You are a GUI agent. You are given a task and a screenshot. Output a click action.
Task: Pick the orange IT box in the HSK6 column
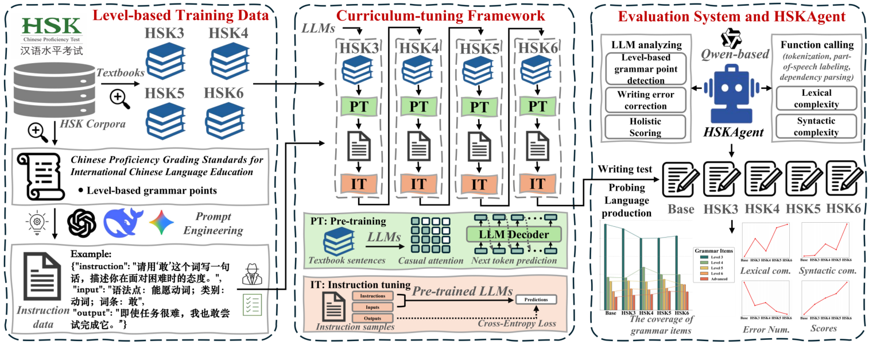537,184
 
